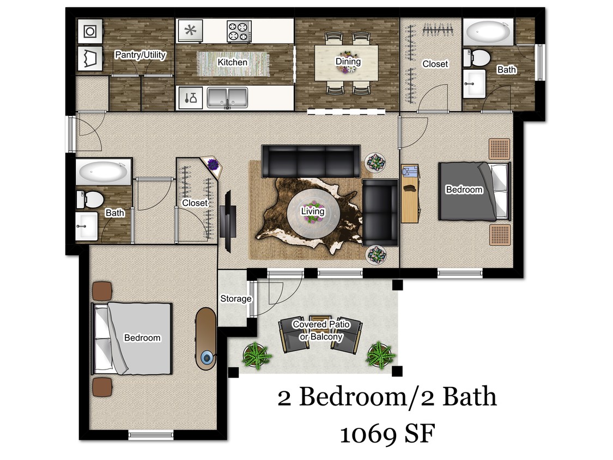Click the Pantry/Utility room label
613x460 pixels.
click(140, 55)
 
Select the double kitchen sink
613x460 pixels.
click(228, 98)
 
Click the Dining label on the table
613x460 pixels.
click(348, 62)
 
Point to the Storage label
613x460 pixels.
click(235, 299)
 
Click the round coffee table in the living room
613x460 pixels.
click(313, 211)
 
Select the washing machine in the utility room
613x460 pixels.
click(89, 32)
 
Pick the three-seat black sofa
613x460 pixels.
click(310, 161)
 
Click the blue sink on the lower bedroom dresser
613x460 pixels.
click(207, 358)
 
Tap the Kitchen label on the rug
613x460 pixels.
click(232, 62)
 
